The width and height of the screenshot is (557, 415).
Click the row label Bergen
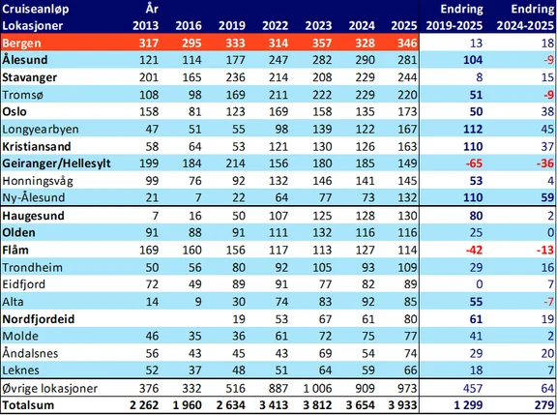click(21, 44)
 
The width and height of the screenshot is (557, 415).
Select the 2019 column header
click(232, 25)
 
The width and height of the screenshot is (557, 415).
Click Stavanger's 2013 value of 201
click(149, 77)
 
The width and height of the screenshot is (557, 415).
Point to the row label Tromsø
click(23, 95)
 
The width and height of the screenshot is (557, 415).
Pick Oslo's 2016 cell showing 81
click(194, 111)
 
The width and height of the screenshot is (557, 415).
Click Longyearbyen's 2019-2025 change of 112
click(473, 129)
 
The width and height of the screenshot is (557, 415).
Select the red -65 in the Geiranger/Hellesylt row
click(474, 163)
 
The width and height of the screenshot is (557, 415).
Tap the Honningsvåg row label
click(38, 181)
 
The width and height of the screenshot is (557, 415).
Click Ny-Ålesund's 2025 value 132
click(407, 197)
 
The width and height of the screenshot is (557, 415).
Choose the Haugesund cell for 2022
click(278, 216)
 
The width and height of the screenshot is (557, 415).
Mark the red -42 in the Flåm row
click(474, 250)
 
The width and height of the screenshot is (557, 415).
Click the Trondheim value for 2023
click(322, 267)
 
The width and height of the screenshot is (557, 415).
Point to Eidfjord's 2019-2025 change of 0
click(480, 284)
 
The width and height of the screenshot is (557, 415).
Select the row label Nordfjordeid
click(39, 319)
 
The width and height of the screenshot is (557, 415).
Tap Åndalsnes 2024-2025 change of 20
click(547, 353)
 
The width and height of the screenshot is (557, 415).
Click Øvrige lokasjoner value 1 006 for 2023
click(317, 388)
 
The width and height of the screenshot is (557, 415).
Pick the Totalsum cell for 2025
click(402, 405)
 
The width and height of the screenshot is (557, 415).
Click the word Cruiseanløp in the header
click(35, 10)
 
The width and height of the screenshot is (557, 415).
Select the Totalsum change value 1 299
click(468, 405)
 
